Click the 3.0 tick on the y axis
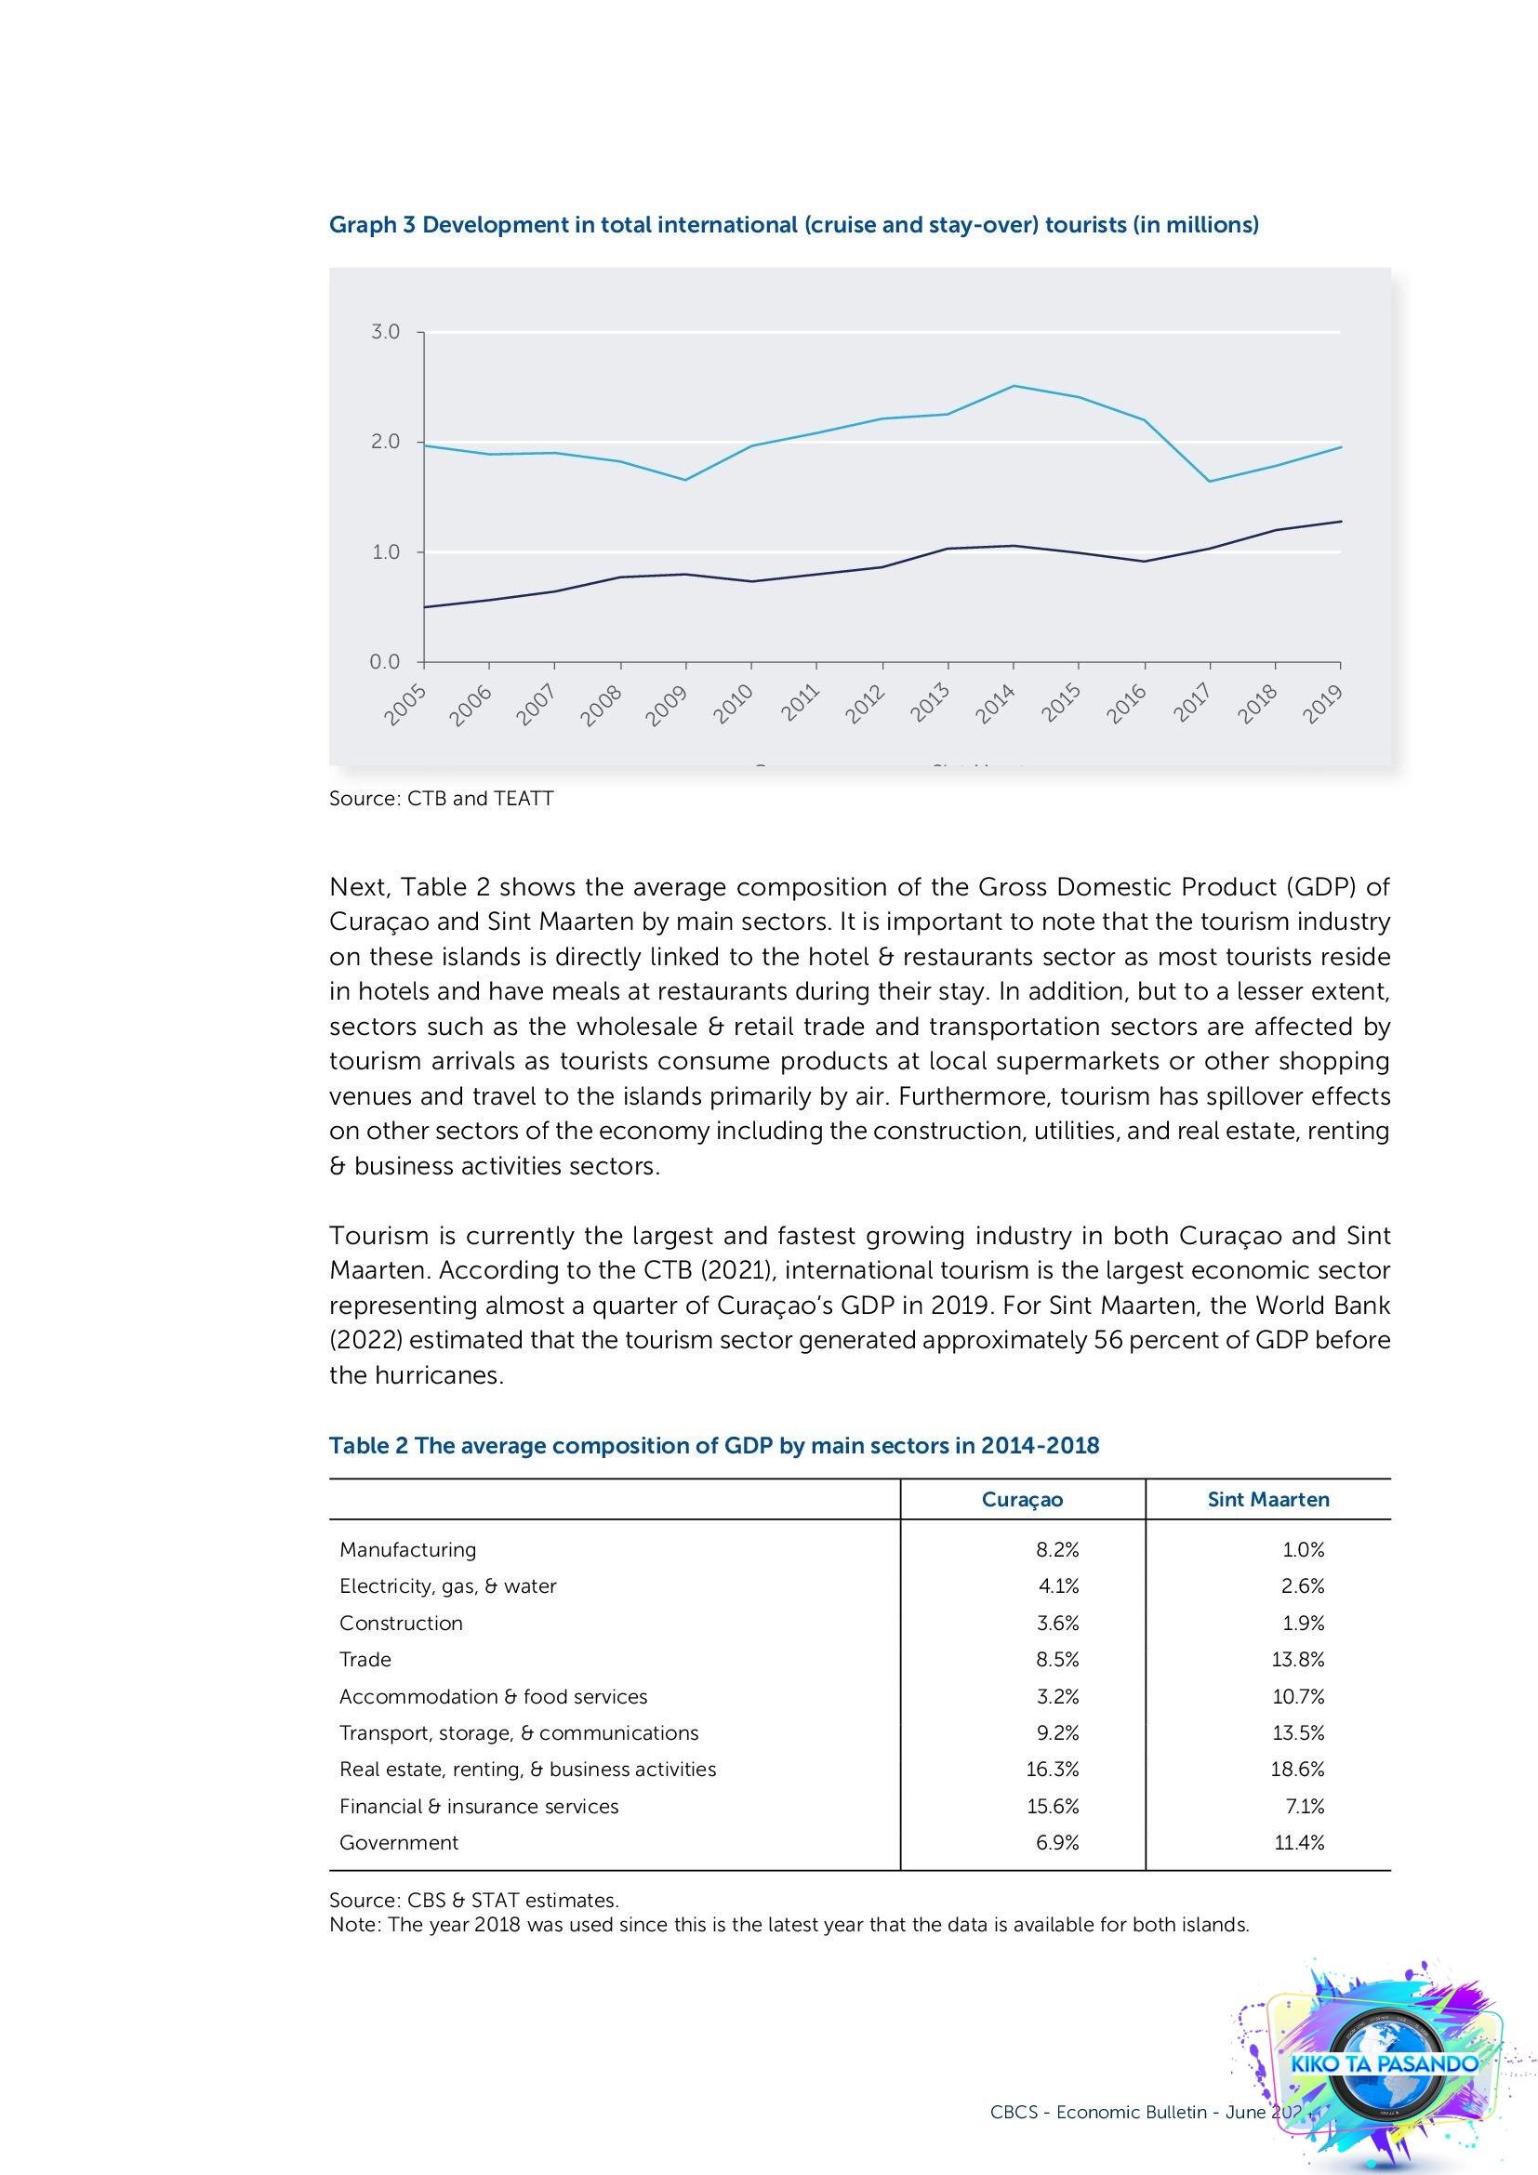[x=385, y=332]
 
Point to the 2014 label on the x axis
[x=996, y=705]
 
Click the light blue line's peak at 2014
[x=1014, y=386]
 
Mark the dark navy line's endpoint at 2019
[x=1341, y=521]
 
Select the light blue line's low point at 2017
[x=1210, y=482]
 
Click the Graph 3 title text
[x=793, y=224]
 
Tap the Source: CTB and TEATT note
[x=441, y=799]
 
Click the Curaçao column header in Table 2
[x=1022, y=1500]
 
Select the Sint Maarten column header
[x=1267, y=1500]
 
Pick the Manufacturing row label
[x=407, y=1550]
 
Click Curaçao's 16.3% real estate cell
[x=1053, y=1770]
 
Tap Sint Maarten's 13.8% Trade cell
[x=1297, y=1660]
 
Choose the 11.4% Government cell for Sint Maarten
[x=1298, y=1842]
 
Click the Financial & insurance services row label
[x=478, y=1807]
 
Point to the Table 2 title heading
[x=713, y=1446]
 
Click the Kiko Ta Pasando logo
[x=1383, y=2063]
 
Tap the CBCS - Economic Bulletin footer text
[x=1127, y=2112]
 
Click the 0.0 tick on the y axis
[x=385, y=661]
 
